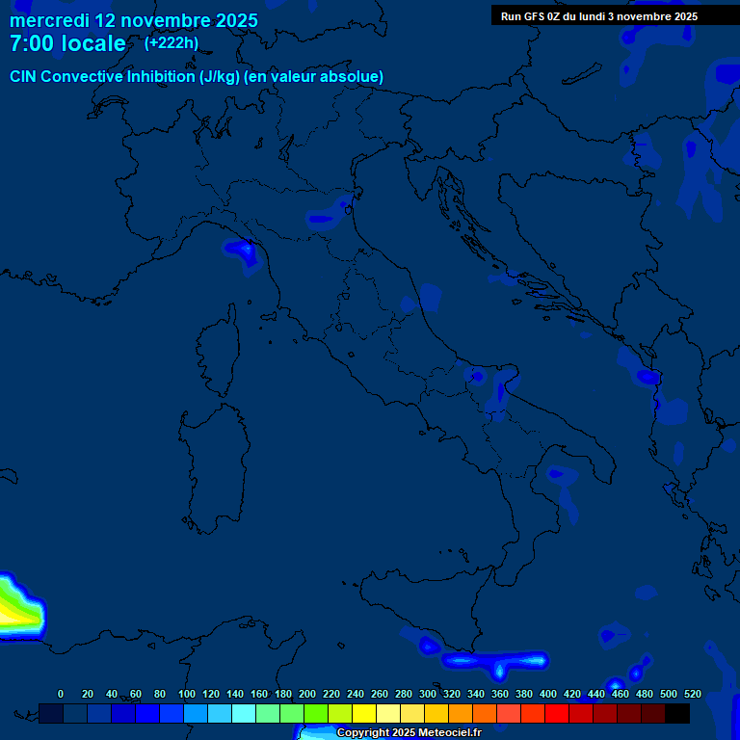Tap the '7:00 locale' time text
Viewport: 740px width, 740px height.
click(x=67, y=44)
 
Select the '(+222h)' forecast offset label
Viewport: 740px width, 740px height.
click(x=172, y=43)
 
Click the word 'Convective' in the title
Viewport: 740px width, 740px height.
click(x=84, y=77)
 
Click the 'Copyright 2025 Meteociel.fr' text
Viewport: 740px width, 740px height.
click(x=409, y=732)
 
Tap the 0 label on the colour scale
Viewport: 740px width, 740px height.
click(x=61, y=694)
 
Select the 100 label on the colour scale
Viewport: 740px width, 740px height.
click(x=187, y=694)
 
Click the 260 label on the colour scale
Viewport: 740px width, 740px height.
click(x=380, y=694)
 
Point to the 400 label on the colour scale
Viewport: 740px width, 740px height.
click(x=548, y=694)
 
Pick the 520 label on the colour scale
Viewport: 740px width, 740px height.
click(x=692, y=694)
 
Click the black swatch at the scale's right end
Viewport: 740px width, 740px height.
click(x=677, y=713)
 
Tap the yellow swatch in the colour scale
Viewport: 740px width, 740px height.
click(x=364, y=713)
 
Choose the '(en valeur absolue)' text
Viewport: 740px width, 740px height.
click(x=314, y=77)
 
